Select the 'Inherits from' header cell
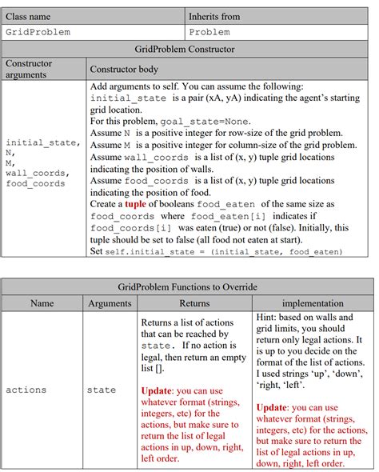pyautogui.click(x=213, y=16)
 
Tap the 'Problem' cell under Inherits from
pyautogui.click(x=209, y=32)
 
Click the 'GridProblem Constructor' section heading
pyautogui.click(x=185, y=49)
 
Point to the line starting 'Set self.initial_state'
pyautogui.click(x=216, y=251)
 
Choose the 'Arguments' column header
pyautogui.click(x=109, y=303)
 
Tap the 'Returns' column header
pyautogui.click(x=194, y=303)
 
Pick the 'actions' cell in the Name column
pyautogui.click(x=26, y=390)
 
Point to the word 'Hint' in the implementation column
pyautogui.click(x=269, y=318)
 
